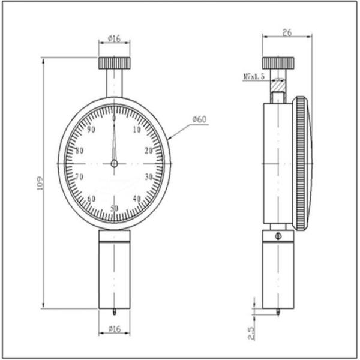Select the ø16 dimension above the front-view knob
point(114,38)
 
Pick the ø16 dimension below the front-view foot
point(114,329)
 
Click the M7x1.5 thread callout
point(254,77)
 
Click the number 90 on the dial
point(91,130)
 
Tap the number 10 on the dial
point(137,130)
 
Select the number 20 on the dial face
point(148,151)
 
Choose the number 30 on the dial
point(149,176)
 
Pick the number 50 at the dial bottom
point(114,208)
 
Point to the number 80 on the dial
point(79,151)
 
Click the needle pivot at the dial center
point(114,163)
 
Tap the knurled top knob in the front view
point(114,62)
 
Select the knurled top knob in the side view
point(278,63)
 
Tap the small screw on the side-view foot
point(278,236)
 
